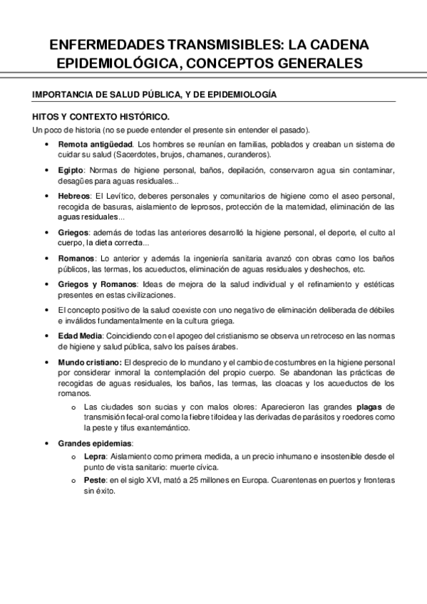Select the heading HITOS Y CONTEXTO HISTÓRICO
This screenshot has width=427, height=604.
[x=101, y=116]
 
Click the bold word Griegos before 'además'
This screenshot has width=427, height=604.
[x=73, y=232]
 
